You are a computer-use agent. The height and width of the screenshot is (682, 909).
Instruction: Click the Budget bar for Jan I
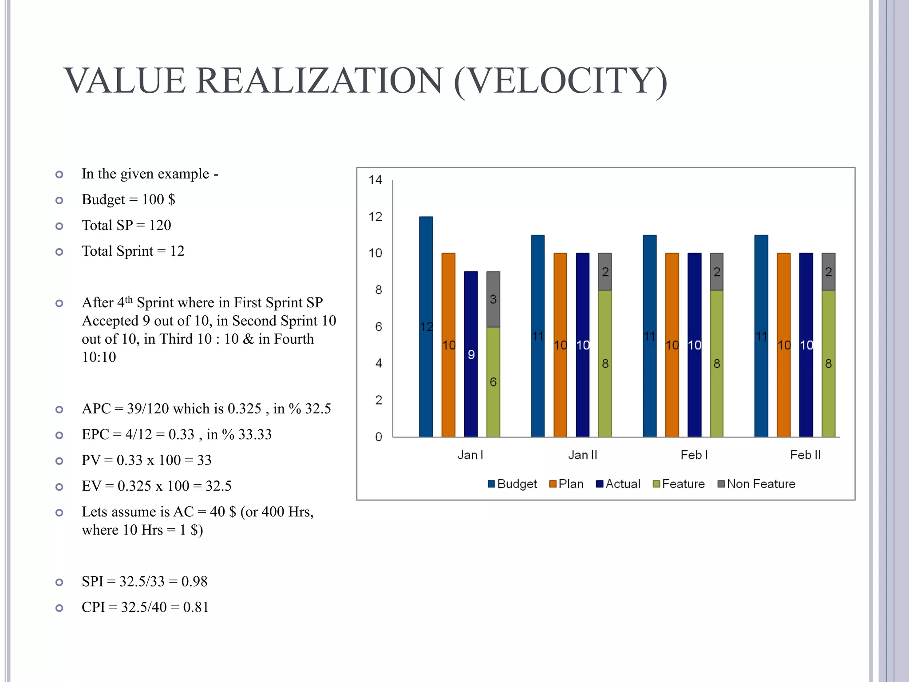click(426, 326)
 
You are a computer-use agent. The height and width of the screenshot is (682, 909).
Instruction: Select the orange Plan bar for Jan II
click(560, 345)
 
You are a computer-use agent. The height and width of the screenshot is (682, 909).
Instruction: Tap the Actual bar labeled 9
click(471, 354)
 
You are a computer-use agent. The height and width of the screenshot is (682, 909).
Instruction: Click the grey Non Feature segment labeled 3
click(493, 299)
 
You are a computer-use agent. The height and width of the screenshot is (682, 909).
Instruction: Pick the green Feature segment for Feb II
click(828, 363)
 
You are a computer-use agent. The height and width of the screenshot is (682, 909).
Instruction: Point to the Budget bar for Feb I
click(649, 336)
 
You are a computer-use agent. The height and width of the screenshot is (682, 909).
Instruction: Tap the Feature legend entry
click(679, 484)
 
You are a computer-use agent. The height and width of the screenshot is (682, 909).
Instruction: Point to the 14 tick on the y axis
click(375, 180)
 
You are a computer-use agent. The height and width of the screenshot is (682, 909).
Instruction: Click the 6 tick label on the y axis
click(378, 327)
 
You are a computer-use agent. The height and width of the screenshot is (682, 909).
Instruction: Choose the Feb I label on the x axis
click(694, 455)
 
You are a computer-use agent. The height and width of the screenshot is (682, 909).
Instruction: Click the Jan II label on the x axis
click(582, 455)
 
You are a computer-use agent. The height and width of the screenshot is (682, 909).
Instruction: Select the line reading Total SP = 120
click(126, 225)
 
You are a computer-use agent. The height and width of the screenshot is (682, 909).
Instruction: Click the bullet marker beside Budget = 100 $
click(59, 200)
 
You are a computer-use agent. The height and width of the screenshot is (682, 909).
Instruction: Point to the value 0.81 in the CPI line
click(196, 607)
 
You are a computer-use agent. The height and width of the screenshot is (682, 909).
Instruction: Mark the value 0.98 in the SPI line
click(194, 581)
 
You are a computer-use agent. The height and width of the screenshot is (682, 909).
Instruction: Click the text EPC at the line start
click(95, 434)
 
